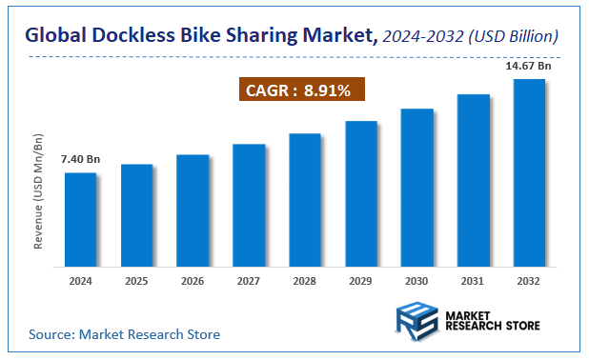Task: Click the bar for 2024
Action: tap(80, 218)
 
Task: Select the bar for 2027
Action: tap(249, 204)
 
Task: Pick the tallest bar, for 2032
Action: tap(529, 171)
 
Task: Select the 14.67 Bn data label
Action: tap(530, 66)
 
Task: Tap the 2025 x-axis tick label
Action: tap(136, 281)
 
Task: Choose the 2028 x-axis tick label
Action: tap(305, 281)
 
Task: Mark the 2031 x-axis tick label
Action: tap(474, 281)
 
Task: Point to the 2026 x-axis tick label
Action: tap(193, 281)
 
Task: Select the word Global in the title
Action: tap(56, 36)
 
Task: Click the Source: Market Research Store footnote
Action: tap(124, 334)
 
